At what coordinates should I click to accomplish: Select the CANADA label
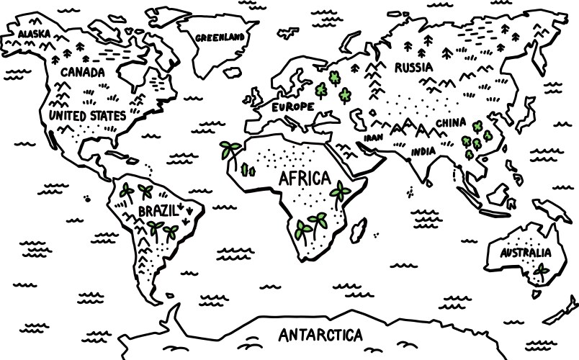[x=82, y=72]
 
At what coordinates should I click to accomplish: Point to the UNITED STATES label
[x=87, y=115]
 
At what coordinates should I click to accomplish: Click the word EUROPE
[x=293, y=107]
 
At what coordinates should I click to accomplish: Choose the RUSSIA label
[x=413, y=68]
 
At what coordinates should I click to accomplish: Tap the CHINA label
[x=451, y=122]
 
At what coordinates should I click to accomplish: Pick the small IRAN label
[x=373, y=138]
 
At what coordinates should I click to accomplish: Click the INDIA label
[x=423, y=152]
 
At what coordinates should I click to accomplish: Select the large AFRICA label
[x=304, y=178]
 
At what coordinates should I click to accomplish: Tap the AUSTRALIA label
[x=526, y=253]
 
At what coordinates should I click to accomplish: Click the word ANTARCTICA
[x=320, y=335]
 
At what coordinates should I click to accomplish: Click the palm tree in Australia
[x=541, y=272]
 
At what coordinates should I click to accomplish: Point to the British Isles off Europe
[x=256, y=97]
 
